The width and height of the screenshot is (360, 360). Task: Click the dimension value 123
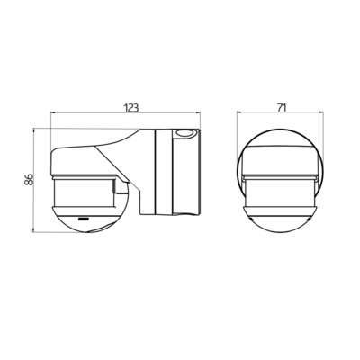tap(131, 107)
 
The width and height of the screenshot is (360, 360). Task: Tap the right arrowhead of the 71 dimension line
tap(321, 115)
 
